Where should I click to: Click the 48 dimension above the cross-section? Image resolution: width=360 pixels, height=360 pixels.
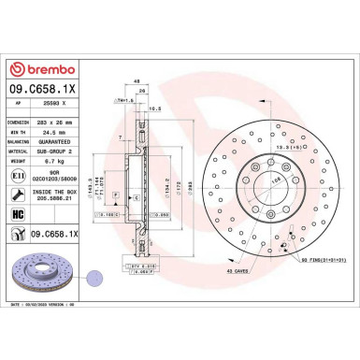pos(138,81)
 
